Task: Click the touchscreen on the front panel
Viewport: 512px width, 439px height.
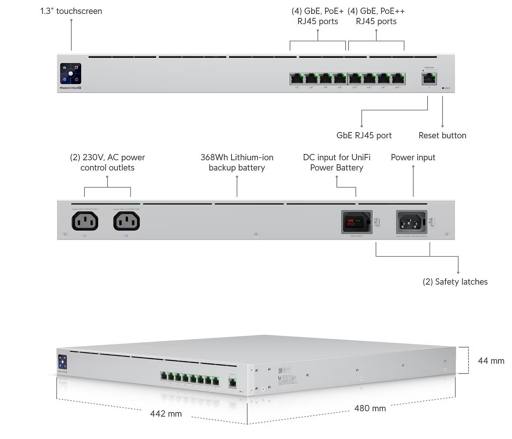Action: coord(71,74)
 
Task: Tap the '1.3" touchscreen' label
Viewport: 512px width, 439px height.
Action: coord(71,11)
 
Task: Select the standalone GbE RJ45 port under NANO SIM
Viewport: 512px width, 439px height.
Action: coord(429,79)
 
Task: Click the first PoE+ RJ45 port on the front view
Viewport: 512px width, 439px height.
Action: coord(297,78)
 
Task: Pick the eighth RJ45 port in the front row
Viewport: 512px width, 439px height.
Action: coord(398,78)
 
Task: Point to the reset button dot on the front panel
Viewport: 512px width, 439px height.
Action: coord(443,88)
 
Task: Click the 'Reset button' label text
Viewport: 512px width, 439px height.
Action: coord(442,135)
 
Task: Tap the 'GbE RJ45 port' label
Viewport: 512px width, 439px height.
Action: coord(364,135)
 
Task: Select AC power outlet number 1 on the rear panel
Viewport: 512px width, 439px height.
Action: coord(84,221)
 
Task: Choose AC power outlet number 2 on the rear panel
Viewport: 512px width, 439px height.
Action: coord(127,221)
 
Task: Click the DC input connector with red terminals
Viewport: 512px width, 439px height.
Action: coord(357,222)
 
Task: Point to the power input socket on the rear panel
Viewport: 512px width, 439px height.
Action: coord(411,222)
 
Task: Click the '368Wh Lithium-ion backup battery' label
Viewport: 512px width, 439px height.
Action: coord(237,162)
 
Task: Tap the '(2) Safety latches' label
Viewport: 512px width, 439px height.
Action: coord(455,282)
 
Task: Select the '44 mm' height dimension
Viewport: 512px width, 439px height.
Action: coord(491,361)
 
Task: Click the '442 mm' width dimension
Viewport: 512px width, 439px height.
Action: coord(166,414)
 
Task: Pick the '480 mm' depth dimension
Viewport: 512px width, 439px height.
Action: coord(370,408)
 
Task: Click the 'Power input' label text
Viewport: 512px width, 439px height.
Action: coord(413,157)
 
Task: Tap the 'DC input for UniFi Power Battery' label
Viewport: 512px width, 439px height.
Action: coord(337,162)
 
